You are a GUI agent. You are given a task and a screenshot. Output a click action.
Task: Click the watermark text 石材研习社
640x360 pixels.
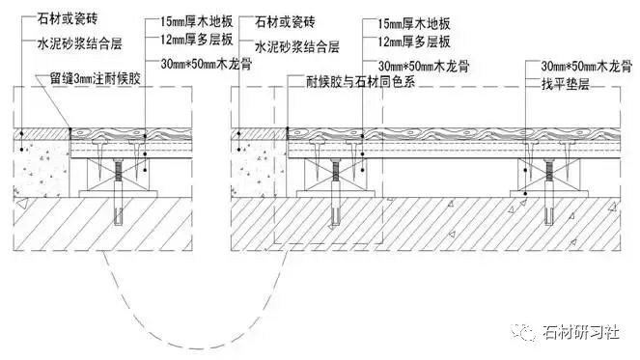click(x=579, y=332)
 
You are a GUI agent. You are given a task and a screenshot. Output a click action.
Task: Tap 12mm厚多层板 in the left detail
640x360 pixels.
click(x=183, y=39)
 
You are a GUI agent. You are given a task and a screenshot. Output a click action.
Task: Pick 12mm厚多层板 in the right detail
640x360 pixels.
click(x=402, y=39)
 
